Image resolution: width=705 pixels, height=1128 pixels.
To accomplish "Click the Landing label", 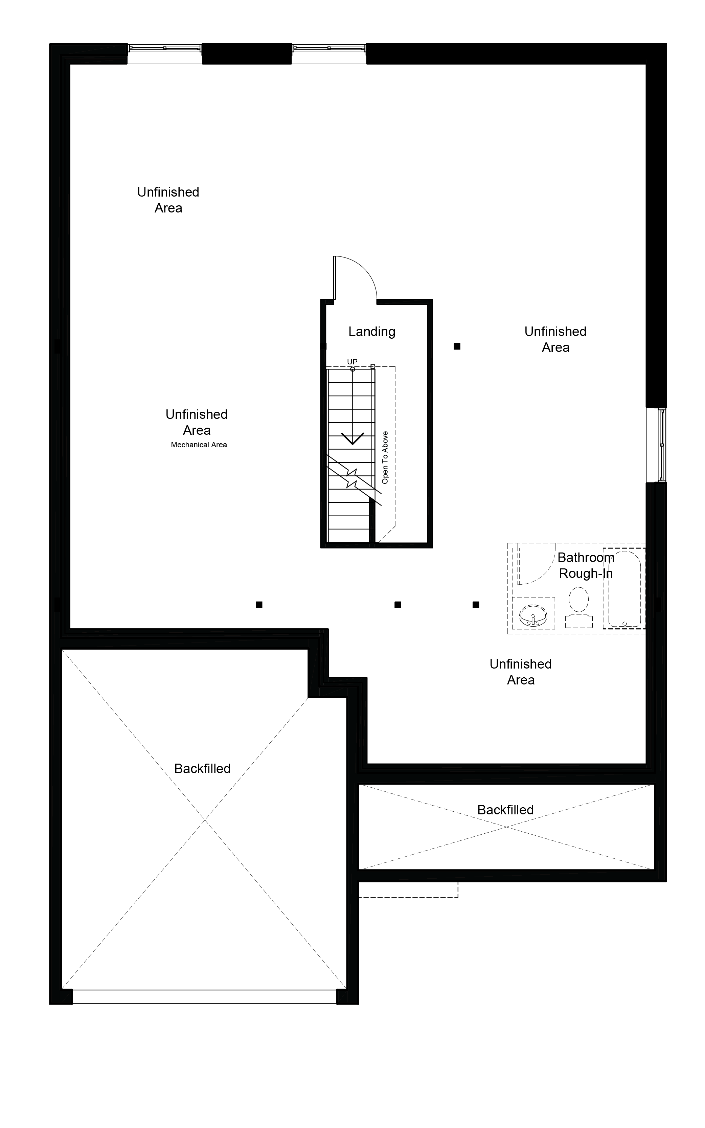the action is tap(372, 332).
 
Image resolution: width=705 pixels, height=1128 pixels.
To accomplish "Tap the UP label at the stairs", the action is tap(352, 362).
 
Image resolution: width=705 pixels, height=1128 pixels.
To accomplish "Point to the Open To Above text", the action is tap(385, 457).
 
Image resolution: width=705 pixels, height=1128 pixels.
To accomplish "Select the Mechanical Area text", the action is tap(199, 445).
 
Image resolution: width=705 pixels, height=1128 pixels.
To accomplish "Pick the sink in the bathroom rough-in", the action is tap(533, 615).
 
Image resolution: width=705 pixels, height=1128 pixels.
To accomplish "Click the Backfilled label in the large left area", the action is tap(202, 768).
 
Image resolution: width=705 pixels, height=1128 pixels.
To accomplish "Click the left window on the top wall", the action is tap(165, 48).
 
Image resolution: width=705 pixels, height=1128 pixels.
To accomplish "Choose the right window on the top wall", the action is tap(329, 48).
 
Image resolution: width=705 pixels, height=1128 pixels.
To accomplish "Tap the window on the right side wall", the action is tap(662, 445).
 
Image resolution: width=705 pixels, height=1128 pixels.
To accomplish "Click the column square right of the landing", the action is tap(457, 346).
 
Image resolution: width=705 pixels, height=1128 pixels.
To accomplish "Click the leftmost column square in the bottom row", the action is tap(259, 605).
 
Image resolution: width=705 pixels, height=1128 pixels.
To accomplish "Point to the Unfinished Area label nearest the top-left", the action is tap(168, 200).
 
